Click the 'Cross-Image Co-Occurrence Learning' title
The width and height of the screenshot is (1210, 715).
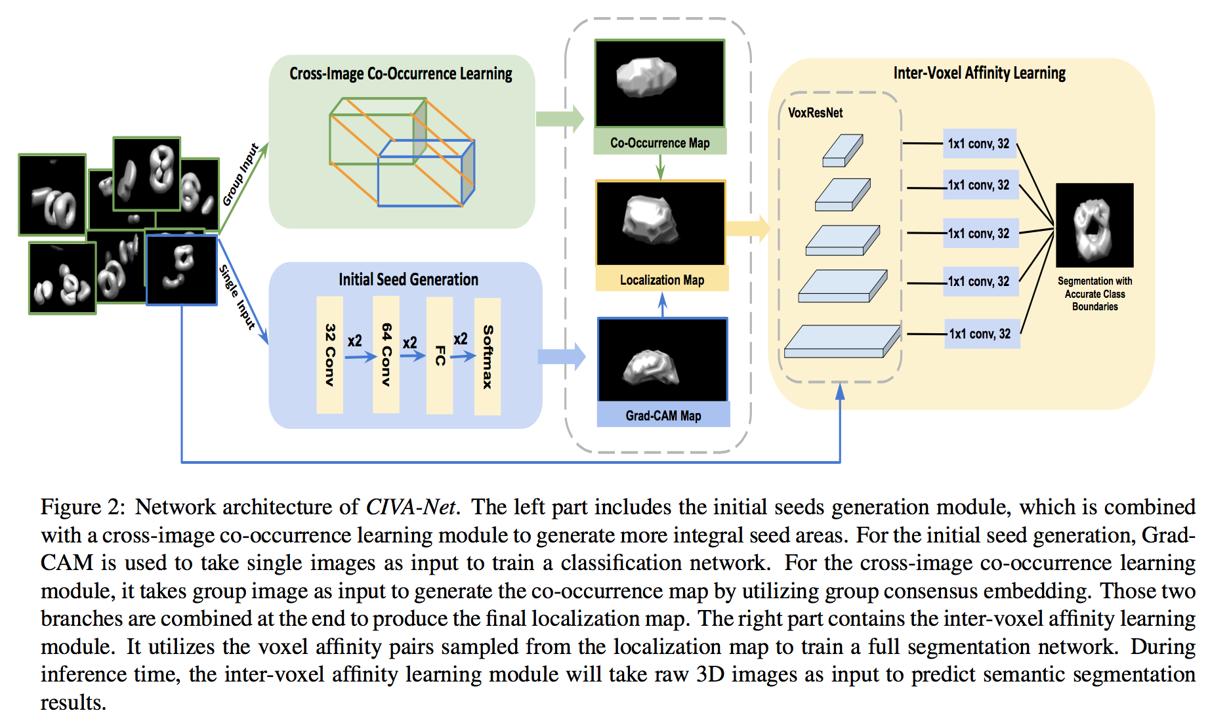tap(400, 73)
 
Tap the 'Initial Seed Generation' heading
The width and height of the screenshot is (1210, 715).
tap(408, 279)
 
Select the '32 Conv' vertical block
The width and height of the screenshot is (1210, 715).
tap(329, 355)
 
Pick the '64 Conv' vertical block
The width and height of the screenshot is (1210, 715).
tap(386, 354)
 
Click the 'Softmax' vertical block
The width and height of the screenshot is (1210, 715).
tap(488, 356)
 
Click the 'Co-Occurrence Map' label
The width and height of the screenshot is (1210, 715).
tap(659, 142)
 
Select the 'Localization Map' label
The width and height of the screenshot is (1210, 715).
tap(661, 280)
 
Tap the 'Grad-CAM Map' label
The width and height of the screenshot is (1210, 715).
tap(663, 416)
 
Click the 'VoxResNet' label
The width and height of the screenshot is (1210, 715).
tap(815, 113)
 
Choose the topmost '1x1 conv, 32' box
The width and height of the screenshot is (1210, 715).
tap(980, 144)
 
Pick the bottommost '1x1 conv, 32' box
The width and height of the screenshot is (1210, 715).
tap(981, 334)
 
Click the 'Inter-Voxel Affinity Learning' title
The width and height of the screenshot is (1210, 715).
tap(979, 73)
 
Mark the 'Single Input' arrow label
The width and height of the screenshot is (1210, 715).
tap(237, 296)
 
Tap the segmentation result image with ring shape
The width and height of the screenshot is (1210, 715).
tap(1094, 225)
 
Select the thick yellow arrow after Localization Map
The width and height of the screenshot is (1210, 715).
tap(747, 228)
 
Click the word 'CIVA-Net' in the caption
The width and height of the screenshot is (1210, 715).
tap(410, 507)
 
